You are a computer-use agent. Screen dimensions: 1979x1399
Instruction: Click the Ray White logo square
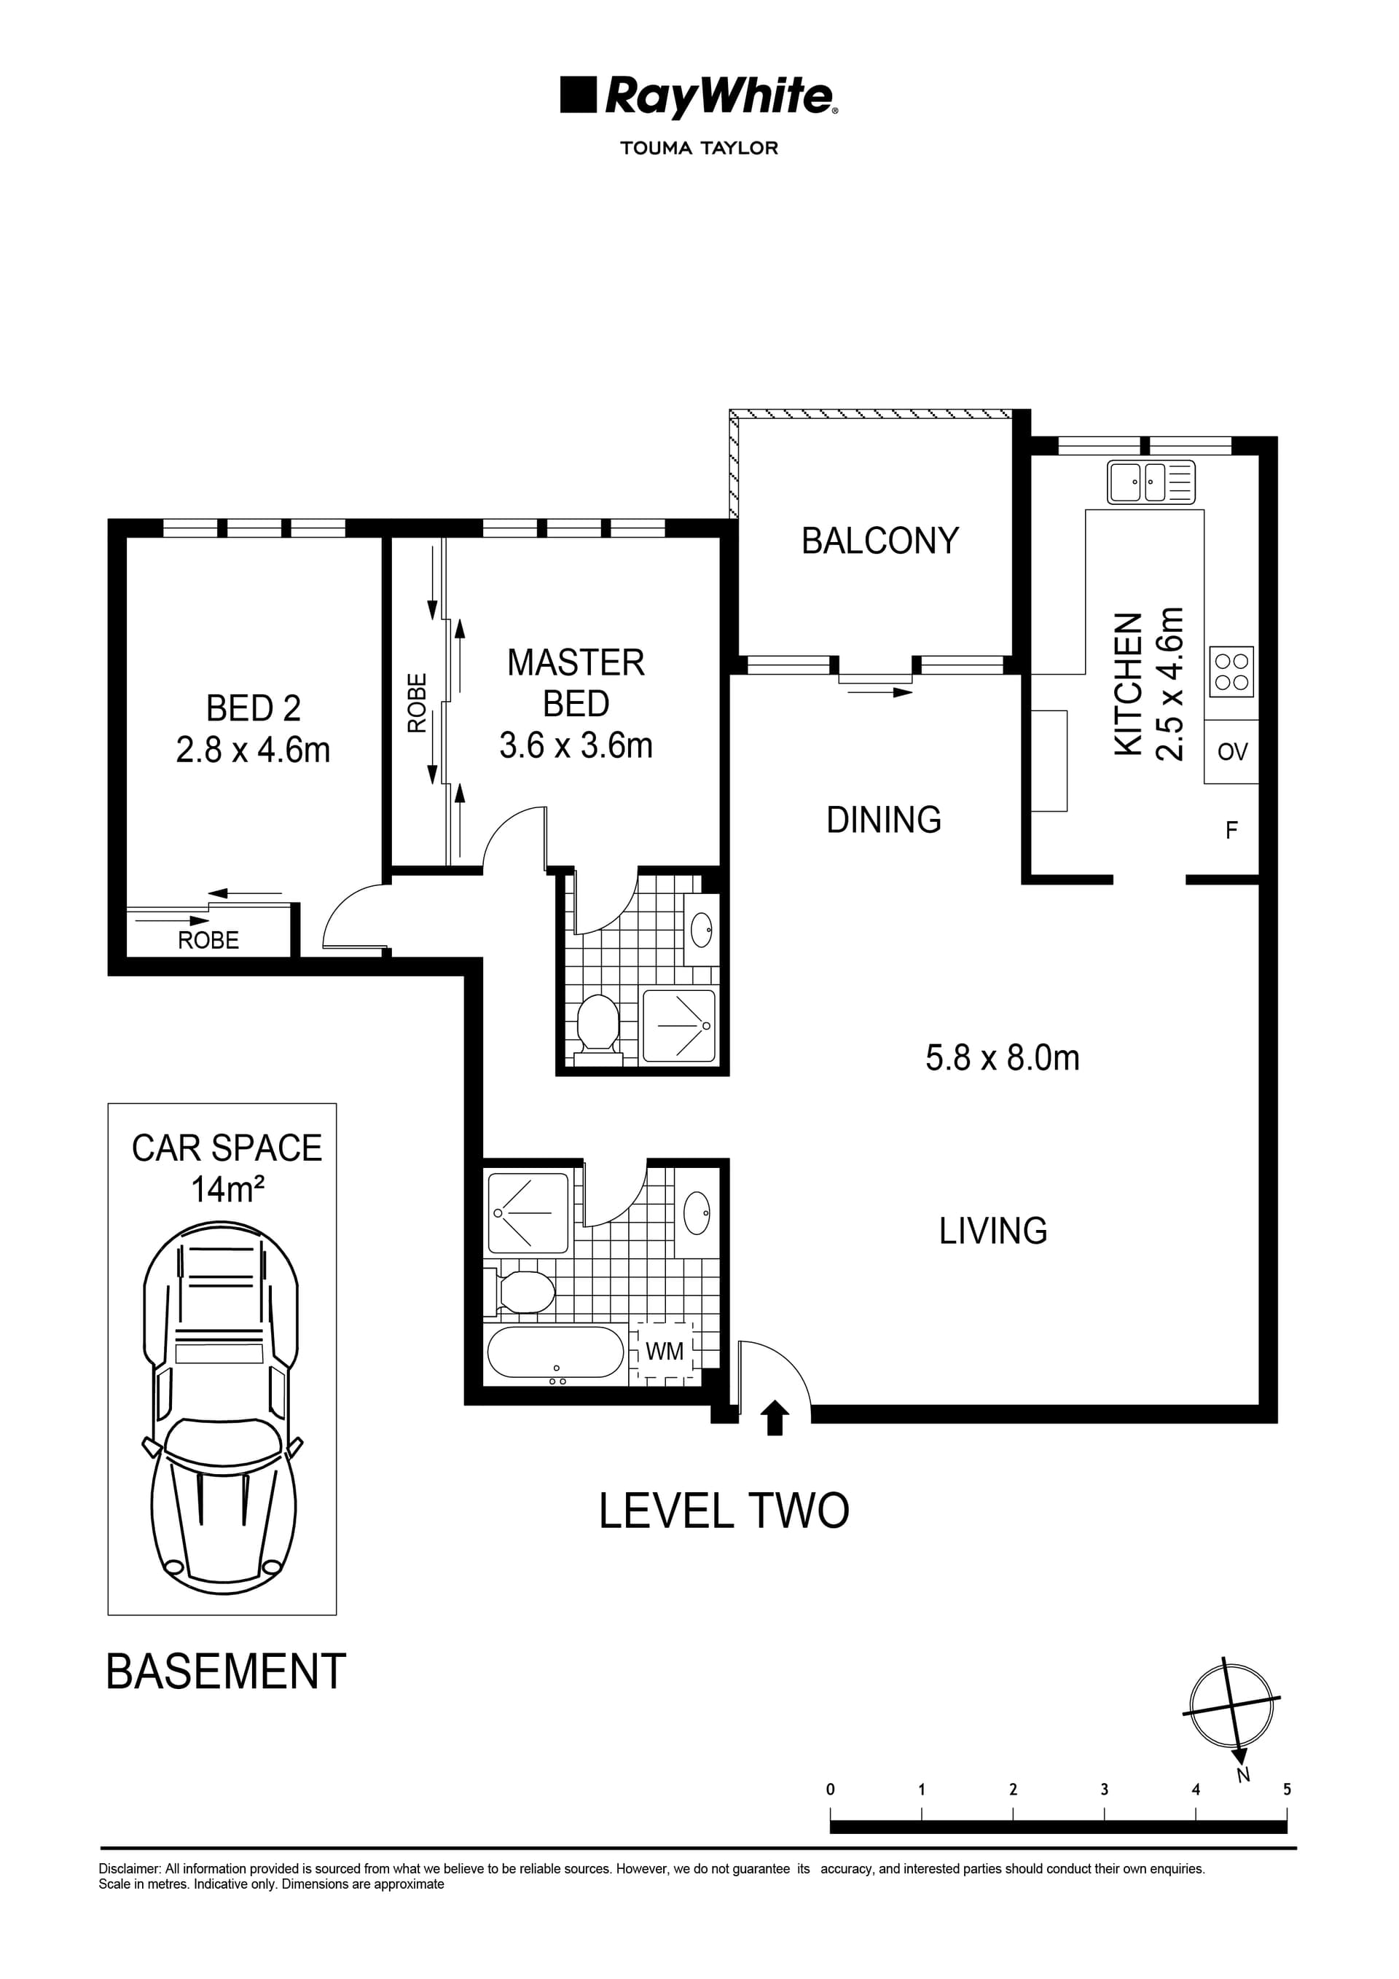click(579, 95)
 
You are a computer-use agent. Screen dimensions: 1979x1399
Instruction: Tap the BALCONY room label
click(879, 541)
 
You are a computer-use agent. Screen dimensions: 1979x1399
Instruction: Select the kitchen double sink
click(1151, 482)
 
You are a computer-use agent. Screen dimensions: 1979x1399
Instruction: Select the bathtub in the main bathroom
click(555, 1352)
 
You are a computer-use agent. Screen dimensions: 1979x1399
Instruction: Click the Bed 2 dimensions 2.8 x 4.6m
click(253, 750)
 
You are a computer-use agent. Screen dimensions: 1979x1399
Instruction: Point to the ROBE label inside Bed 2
click(208, 941)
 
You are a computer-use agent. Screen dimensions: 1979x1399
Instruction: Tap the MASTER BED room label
click(576, 683)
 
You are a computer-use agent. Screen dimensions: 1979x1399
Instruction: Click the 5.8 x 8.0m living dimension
click(1002, 1057)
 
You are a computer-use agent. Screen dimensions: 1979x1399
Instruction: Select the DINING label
click(884, 820)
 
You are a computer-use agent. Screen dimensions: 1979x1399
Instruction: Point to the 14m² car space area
click(227, 1191)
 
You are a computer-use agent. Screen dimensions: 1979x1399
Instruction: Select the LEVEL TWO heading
click(724, 1511)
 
